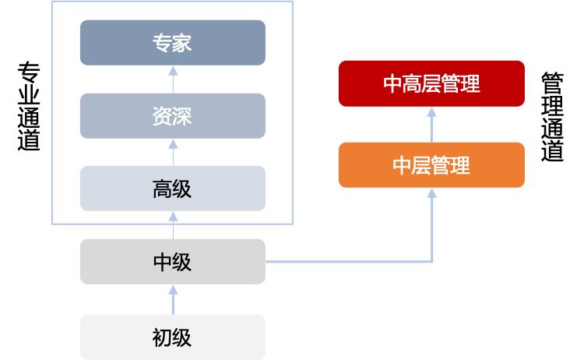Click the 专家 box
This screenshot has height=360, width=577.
tap(172, 43)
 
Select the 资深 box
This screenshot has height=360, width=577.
tap(172, 116)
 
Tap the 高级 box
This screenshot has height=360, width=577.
tap(172, 189)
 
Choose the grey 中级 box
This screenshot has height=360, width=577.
tap(172, 262)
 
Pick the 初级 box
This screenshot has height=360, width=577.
tap(172, 337)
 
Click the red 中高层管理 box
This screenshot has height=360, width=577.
tap(431, 83)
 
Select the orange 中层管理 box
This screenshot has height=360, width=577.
tap(431, 165)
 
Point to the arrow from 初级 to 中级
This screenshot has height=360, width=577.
tap(173, 299)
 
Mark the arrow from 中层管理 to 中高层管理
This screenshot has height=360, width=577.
tap(432, 124)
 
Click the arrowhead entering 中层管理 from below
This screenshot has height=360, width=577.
tap(432, 192)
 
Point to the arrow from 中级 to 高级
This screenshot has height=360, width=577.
tap(173, 225)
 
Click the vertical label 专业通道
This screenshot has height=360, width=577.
tap(29, 108)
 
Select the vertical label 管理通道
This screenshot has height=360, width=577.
tap(552, 118)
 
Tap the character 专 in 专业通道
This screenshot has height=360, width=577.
tap(29, 75)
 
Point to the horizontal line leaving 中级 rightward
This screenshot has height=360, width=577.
tap(350, 262)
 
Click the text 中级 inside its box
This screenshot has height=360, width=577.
tap(172, 262)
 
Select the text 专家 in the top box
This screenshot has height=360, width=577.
tap(172, 43)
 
